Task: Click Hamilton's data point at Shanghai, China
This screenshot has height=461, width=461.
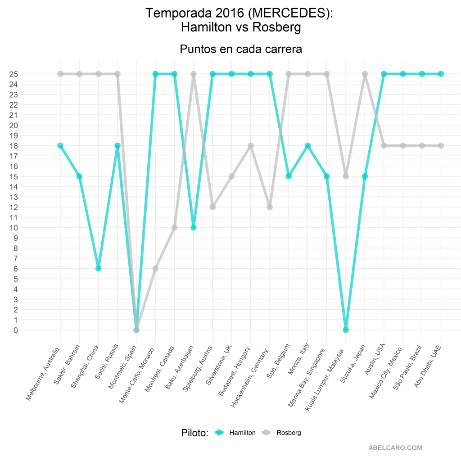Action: click(98, 268)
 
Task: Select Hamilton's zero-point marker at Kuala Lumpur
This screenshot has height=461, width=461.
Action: click(346, 330)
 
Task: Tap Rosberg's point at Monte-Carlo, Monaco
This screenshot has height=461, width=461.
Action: click(155, 268)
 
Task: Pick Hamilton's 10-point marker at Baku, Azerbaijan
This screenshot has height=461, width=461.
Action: click(194, 227)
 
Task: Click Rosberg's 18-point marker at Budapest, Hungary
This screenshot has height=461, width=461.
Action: click(251, 145)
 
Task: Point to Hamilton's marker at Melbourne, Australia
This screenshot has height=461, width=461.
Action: click(60, 145)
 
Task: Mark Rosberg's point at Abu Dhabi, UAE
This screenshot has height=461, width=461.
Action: click(441, 145)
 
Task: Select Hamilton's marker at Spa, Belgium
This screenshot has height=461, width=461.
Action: click(289, 176)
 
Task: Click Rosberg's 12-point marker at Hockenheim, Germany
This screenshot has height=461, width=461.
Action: click(270, 207)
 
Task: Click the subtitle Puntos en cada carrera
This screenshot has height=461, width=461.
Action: click(241, 49)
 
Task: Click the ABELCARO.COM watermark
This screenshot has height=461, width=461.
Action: click(395, 448)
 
